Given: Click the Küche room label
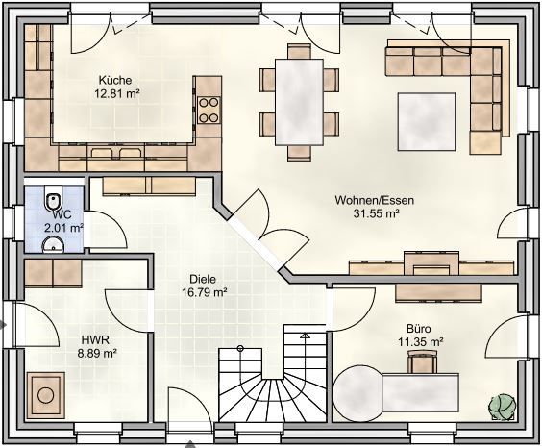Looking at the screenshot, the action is (x=115, y=80).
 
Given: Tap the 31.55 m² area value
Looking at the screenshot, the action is (x=376, y=213).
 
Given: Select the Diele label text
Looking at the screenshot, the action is (x=203, y=279).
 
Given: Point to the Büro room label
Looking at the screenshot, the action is (x=419, y=328).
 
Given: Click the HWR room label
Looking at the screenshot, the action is (x=95, y=340).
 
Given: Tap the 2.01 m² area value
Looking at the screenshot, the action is (x=64, y=228).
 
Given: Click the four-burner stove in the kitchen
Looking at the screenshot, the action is (x=209, y=111).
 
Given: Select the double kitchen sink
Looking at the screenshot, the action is (x=115, y=153).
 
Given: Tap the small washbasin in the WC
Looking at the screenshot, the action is (x=53, y=244).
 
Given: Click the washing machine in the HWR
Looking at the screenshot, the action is (x=45, y=395).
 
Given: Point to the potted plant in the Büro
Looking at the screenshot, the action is (x=502, y=408).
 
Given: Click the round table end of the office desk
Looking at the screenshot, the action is (x=357, y=393).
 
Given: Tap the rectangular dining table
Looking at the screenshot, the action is (x=299, y=102).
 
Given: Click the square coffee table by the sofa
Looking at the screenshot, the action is (x=427, y=122).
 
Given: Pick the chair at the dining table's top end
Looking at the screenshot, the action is (x=299, y=51).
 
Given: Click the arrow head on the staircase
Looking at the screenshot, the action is (x=305, y=336).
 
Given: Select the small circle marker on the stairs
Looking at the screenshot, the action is (x=240, y=348).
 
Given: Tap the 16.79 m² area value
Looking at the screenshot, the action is (x=205, y=293).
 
